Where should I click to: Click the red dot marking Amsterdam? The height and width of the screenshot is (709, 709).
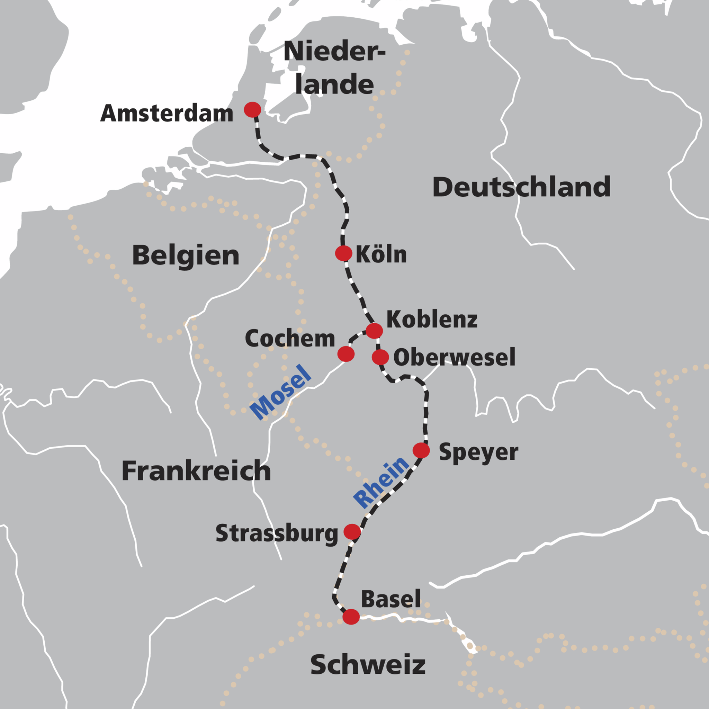[x=252, y=109]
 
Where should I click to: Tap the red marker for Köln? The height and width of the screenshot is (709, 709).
[x=343, y=253]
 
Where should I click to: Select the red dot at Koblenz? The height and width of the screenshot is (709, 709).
[x=374, y=331]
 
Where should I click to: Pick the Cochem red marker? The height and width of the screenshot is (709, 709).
[x=346, y=354]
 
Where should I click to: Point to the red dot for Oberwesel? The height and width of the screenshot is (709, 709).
[x=380, y=357]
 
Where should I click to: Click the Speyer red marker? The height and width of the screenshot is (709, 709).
[x=421, y=450]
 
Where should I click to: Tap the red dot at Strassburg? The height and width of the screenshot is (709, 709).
[x=352, y=531]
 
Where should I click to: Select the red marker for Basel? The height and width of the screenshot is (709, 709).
[x=351, y=617]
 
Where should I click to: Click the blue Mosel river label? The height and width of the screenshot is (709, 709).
[x=281, y=392]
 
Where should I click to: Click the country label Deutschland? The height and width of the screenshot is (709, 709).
[x=521, y=187]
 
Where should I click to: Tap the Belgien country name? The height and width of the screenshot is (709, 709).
[x=186, y=255]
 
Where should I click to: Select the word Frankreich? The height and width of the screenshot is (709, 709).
[x=196, y=471]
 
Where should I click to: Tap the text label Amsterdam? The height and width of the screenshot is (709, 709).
[x=167, y=114]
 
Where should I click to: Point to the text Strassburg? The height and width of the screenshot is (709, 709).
[x=277, y=533]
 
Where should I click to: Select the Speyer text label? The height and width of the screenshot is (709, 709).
[x=478, y=452]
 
